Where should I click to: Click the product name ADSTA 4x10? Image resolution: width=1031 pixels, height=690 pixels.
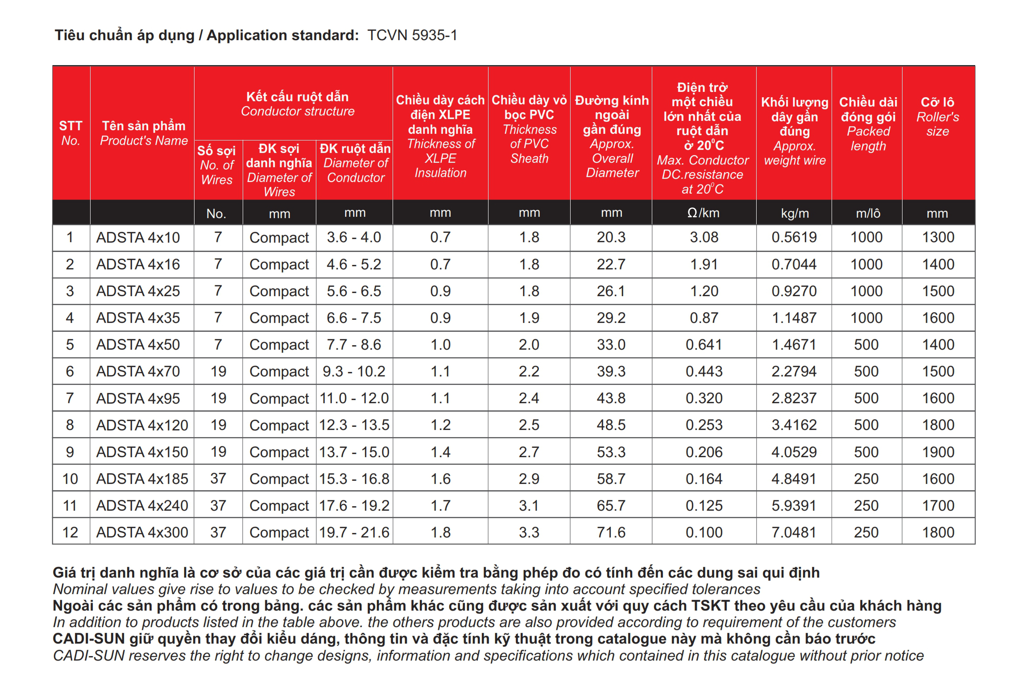[x=138, y=237]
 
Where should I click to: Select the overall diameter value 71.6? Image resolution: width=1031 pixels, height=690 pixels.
[x=611, y=532]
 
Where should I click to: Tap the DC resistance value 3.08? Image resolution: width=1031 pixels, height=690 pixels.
[x=704, y=237]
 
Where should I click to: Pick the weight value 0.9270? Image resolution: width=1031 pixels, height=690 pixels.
[x=794, y=291]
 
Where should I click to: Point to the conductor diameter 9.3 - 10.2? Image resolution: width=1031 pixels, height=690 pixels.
[x=354, y=371]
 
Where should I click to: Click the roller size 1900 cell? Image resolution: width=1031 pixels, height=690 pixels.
[x=938, y=452]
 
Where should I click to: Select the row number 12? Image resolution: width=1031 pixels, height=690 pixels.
[x=70, y=532]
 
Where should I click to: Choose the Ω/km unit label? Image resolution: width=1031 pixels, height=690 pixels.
[x=703, y=213]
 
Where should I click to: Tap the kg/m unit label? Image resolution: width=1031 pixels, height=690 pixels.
[x=795, y=213]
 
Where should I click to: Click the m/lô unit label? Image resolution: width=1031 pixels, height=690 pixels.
[x=868, y=213]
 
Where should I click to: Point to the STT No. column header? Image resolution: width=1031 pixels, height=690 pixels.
[x=70, y=133]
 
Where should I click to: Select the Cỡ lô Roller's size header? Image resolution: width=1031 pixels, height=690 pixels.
[x=937, y=116]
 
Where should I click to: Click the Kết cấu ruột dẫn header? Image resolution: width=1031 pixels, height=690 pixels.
[x=298, y=103]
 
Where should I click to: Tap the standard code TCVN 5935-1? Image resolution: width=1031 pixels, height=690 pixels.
[x=412, y=35]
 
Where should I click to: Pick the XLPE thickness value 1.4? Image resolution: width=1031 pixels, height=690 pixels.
[x=440, y=452]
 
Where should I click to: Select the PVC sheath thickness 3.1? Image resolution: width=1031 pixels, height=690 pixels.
[x=529, y=505]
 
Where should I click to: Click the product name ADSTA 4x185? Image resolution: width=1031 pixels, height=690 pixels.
[x=142, y=479]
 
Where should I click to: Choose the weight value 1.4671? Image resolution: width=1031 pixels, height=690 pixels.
[x=794, y=344]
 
